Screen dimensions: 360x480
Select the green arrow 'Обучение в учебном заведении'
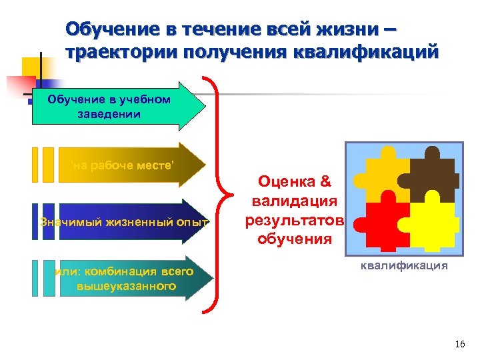pyautogui.click(x=120, y=106)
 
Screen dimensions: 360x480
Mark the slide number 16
pyautogui.click(x=459, y=344)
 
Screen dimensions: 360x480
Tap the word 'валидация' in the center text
pyautogui.click(x=294, y=201)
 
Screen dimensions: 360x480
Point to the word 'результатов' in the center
pyautogui.click(x=294, y=219)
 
